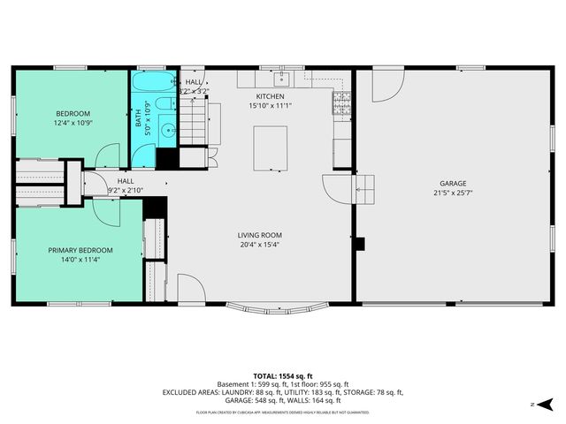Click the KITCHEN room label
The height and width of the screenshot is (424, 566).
(269, 96)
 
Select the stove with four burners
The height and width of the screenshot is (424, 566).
(340, 105)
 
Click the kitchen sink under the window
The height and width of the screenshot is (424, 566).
(271, 77)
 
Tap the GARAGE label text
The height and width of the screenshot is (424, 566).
(449, 184)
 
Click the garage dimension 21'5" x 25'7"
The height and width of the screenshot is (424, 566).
(449, 193)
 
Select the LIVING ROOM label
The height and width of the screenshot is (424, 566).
(258, 235)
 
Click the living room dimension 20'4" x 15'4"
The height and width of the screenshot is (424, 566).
(258, 245)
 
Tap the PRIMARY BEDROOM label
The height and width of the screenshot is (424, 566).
(80, 251)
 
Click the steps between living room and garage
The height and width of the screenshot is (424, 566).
(364, 186)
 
